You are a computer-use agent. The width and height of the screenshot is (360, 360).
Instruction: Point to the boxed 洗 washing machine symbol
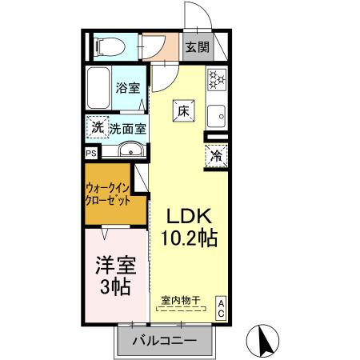[x=97, y=127]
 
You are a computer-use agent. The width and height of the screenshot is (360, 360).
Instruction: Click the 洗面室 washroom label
[x=127, y=127]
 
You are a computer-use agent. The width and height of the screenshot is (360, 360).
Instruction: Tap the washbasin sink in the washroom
[x=130, y=150]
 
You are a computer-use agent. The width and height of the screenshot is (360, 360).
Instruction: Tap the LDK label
[x=188, y=216]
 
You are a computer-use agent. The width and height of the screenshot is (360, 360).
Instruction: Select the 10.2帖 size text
[x=189, y=238]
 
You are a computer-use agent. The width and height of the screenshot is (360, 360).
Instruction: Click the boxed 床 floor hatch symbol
[x=183, y=111]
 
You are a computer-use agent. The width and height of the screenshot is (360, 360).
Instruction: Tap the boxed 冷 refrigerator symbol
[x=217, y=156]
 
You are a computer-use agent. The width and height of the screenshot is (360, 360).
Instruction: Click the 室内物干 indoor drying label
[x=180, y=300]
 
